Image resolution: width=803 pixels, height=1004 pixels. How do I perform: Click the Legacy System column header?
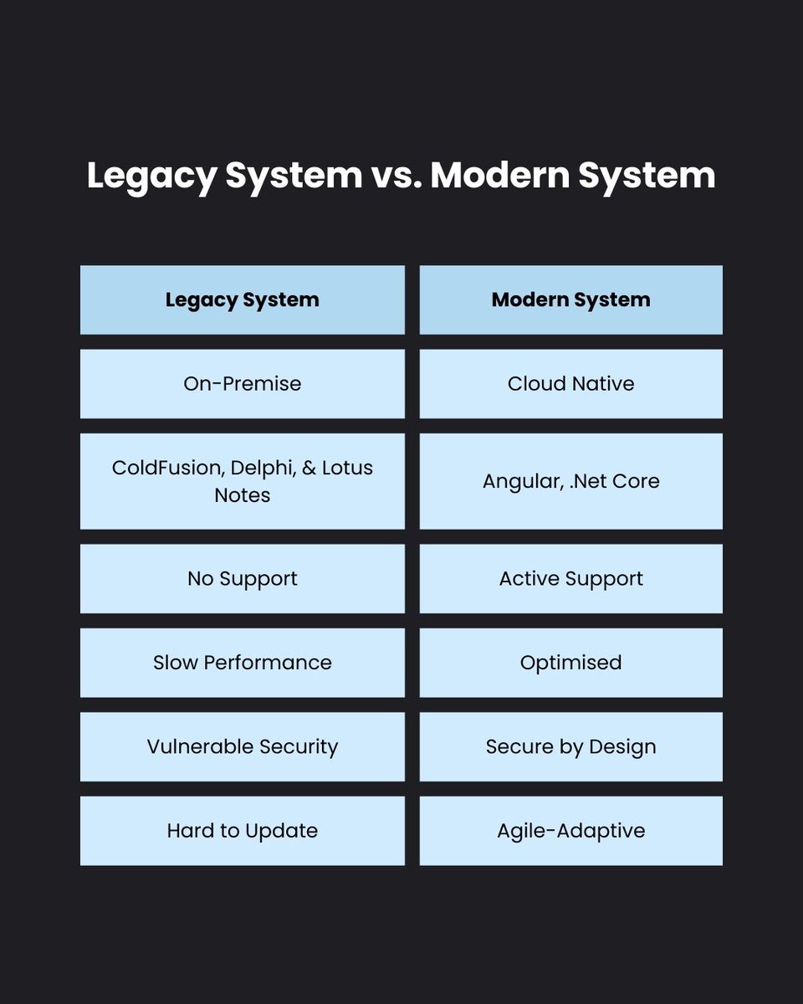[242, 300]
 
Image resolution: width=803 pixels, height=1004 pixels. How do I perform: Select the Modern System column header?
[570, 300]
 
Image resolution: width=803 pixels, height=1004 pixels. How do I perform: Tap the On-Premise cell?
[242, 384]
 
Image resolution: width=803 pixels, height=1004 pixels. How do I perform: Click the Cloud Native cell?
[570, 384]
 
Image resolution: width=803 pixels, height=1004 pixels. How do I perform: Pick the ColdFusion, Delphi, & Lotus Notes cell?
[242, 481]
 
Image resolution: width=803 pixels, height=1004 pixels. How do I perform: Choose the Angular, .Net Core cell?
[570, 481]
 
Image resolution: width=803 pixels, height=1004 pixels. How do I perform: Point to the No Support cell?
[242, 579]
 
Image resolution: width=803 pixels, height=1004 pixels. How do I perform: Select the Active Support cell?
[570, 579]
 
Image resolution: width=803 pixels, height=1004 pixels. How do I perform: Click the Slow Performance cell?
[242, 663]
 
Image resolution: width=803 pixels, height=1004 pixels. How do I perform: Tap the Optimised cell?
[570, 663]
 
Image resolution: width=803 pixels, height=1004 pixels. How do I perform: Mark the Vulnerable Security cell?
[242, 746]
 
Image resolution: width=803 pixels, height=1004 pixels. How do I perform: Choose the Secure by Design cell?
[570, 746]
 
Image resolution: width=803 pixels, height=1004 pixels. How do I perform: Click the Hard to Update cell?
[242, 831]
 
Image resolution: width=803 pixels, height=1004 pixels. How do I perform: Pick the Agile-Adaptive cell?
[570, 831]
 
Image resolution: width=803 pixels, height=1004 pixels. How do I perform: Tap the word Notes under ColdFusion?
[242, 495]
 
